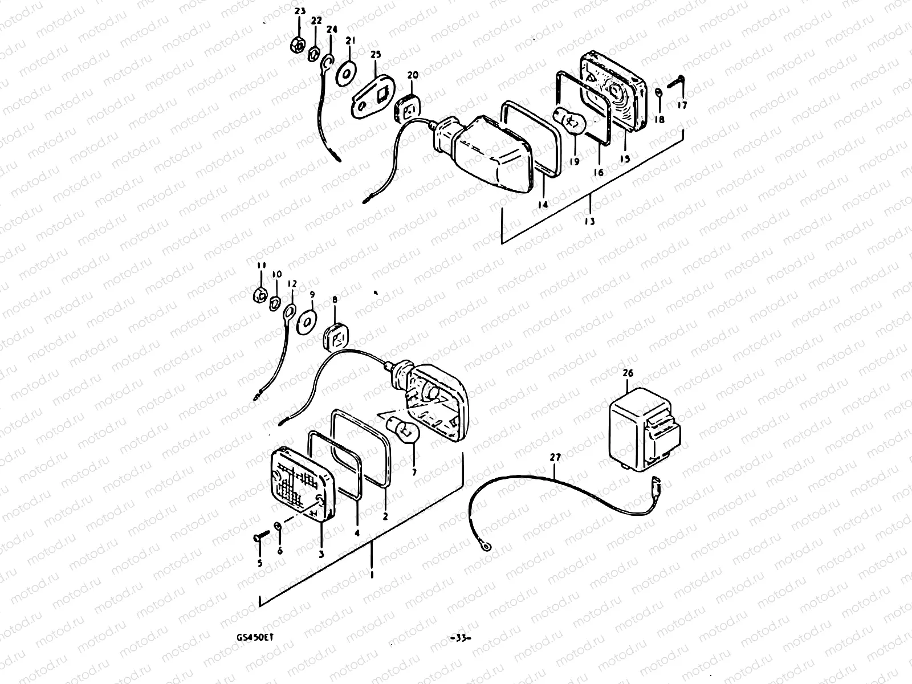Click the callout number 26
point(628,373)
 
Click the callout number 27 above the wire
point(555,457)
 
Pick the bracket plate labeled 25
point(373,96)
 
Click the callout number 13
point(589,221)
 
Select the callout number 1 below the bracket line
point(372,576)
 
